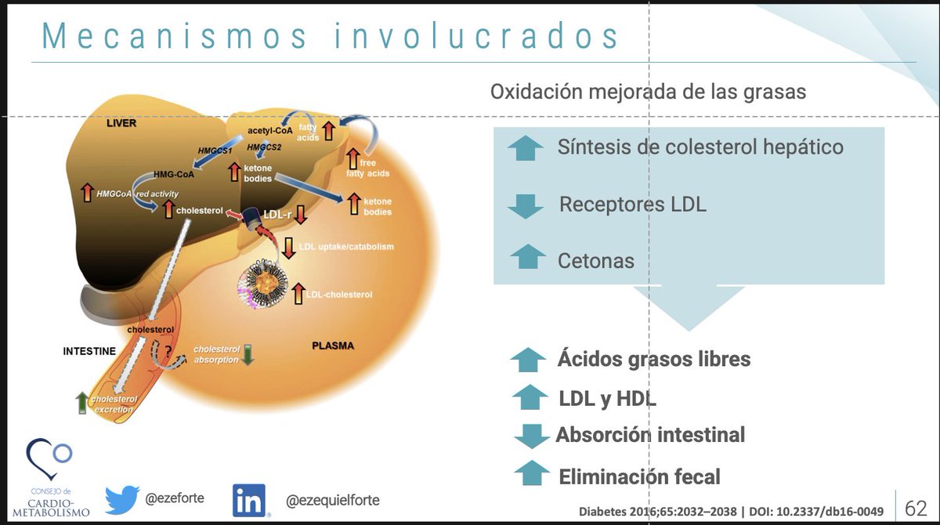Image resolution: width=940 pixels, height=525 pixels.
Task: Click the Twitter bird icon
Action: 122,498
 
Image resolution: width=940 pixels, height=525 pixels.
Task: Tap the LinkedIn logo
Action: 249,500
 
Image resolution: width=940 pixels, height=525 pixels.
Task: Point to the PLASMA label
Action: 333,346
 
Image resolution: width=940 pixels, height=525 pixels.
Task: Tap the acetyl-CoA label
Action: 269,131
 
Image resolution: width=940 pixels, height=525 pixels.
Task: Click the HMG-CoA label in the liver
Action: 173,174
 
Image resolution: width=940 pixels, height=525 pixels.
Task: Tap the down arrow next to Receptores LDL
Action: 525,206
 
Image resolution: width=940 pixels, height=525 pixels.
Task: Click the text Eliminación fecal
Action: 639,476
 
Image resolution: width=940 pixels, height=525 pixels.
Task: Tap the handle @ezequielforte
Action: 334,499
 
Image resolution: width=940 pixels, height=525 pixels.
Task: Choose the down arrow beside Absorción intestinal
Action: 532,435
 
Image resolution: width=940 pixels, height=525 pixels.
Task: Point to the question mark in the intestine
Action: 165,350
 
